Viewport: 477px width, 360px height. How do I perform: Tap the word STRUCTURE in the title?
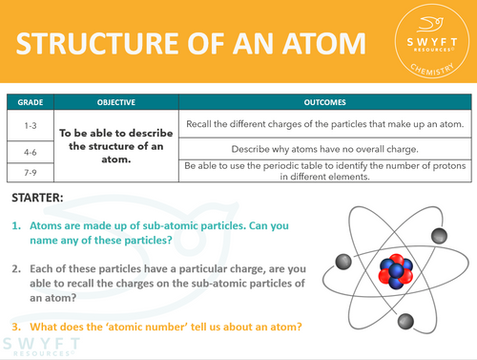tap(93, 46)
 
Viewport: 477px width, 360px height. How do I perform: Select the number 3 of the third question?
tap(16, 327)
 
